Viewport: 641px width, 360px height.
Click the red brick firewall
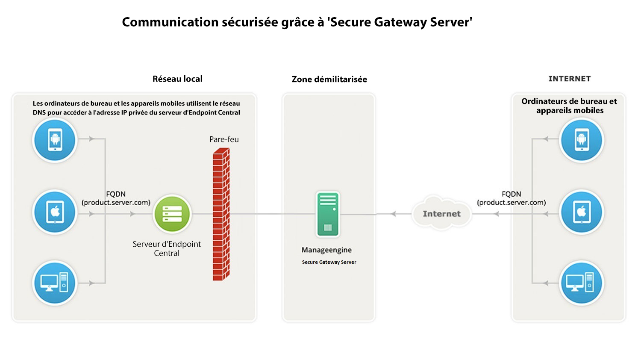[x=221, y=214]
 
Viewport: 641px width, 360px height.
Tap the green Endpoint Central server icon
[x=172, y=214]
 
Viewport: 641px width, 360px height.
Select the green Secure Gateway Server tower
[x=328, y=214]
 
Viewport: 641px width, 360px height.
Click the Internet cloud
[x=441, y=213]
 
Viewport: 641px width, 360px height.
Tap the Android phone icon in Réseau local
[x=55, y=140]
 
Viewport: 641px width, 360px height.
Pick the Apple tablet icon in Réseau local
[x=55, y=212]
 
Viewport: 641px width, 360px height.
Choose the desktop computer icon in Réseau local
[x=55, y=283]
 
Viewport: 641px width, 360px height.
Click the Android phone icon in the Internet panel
[x=581, y=140]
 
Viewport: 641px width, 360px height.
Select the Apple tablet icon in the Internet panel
[x=581, y=212]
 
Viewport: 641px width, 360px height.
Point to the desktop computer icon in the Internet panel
[x=581, y=283]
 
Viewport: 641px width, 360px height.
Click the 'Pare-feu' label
[x=224, y=139]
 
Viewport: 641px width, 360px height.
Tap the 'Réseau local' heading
[x=177, y=79]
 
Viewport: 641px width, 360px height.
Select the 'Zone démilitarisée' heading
[x=329, y=79]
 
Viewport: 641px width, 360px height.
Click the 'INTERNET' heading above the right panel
[x=569, y=79]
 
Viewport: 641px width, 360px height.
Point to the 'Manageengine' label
[x=326, y=250]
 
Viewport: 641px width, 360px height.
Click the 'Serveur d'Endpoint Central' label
[x=167, y=248]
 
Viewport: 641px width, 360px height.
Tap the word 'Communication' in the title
[x=170, y=22]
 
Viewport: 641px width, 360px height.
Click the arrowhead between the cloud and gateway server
[x=393, y=214]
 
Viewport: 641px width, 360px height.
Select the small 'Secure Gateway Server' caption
[x=329, y=262]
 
